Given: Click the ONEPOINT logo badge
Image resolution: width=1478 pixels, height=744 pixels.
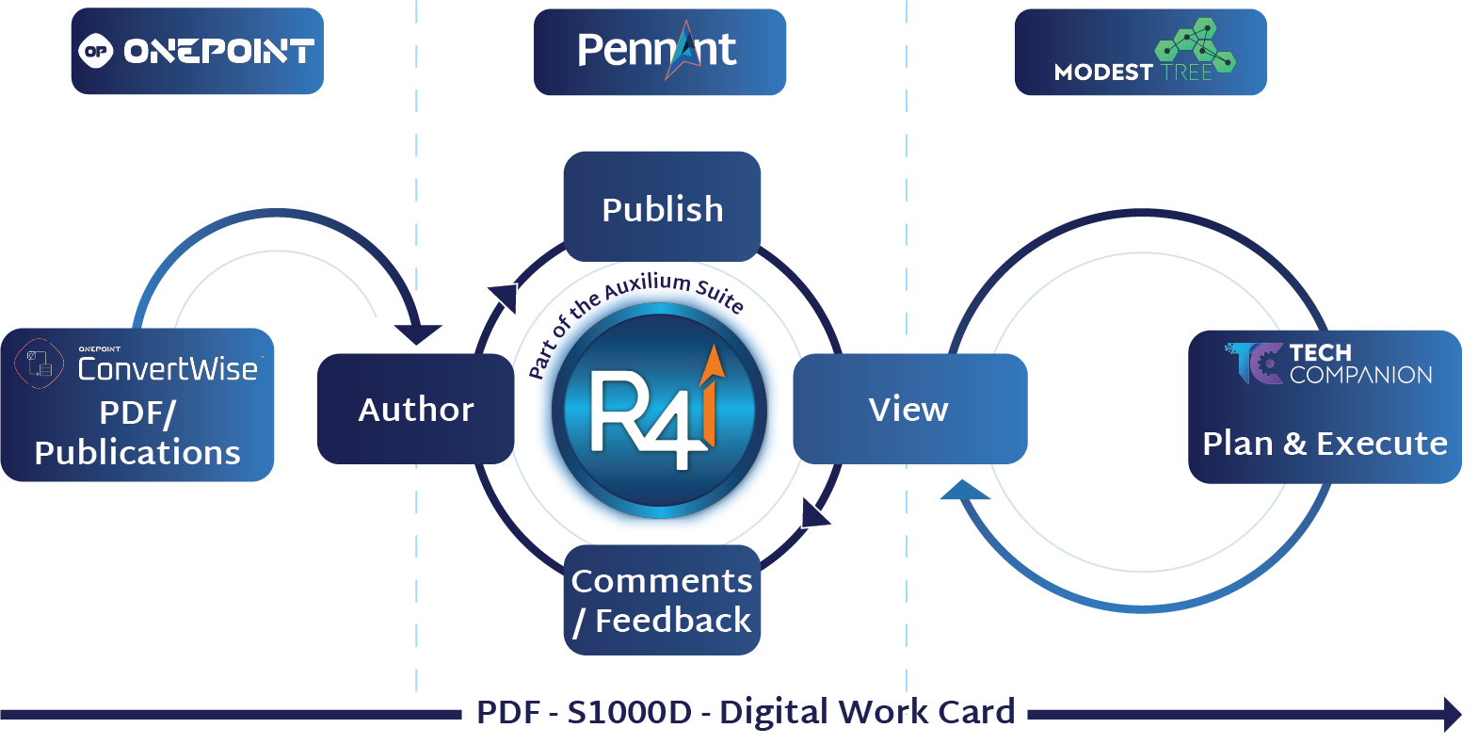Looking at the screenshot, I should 197,52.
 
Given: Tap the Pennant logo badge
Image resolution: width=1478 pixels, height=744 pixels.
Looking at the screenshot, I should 659,52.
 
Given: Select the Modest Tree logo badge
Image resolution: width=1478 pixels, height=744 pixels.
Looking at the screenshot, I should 1140,52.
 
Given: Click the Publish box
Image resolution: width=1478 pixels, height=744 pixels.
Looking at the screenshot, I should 662,207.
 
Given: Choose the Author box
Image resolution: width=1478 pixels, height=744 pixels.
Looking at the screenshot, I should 415,409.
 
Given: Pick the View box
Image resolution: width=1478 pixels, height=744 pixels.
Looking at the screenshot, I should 909,409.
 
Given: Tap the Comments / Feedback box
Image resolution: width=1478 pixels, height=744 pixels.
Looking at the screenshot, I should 662,600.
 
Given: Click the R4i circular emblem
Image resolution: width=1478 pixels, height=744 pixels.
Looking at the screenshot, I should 659,414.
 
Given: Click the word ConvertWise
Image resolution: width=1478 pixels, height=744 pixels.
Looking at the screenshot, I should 168,368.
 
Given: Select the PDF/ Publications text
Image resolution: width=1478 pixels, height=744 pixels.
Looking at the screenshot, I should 137,433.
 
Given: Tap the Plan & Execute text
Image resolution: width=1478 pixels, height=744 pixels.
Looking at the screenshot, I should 1325,443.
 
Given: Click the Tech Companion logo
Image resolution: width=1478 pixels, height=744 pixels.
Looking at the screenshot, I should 1329,364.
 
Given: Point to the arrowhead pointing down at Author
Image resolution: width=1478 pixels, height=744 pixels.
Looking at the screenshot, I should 418,334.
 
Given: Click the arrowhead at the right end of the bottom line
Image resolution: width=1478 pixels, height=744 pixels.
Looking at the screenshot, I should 1452,714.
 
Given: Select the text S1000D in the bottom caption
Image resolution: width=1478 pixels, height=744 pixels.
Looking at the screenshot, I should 629,712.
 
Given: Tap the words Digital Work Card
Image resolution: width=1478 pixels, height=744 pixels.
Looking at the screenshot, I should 867,712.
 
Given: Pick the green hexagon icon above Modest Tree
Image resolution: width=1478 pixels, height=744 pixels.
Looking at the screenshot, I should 1196,47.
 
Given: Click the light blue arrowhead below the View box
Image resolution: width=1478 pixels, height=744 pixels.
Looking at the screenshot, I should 964,490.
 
